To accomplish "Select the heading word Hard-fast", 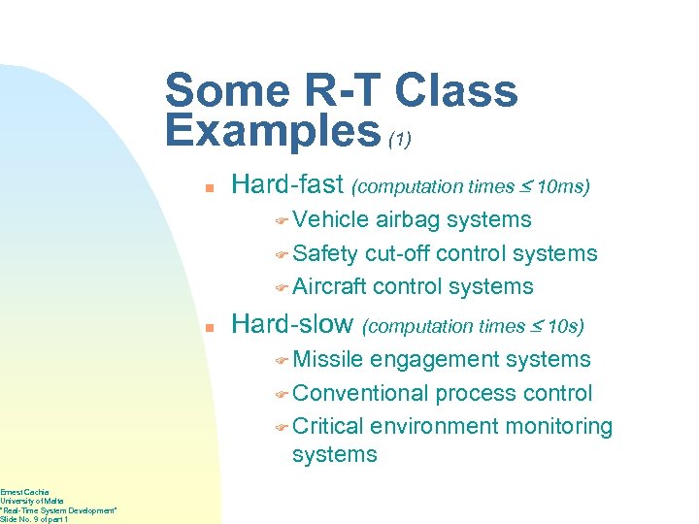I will click(286, 184).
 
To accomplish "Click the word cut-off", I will click(397, 253).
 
